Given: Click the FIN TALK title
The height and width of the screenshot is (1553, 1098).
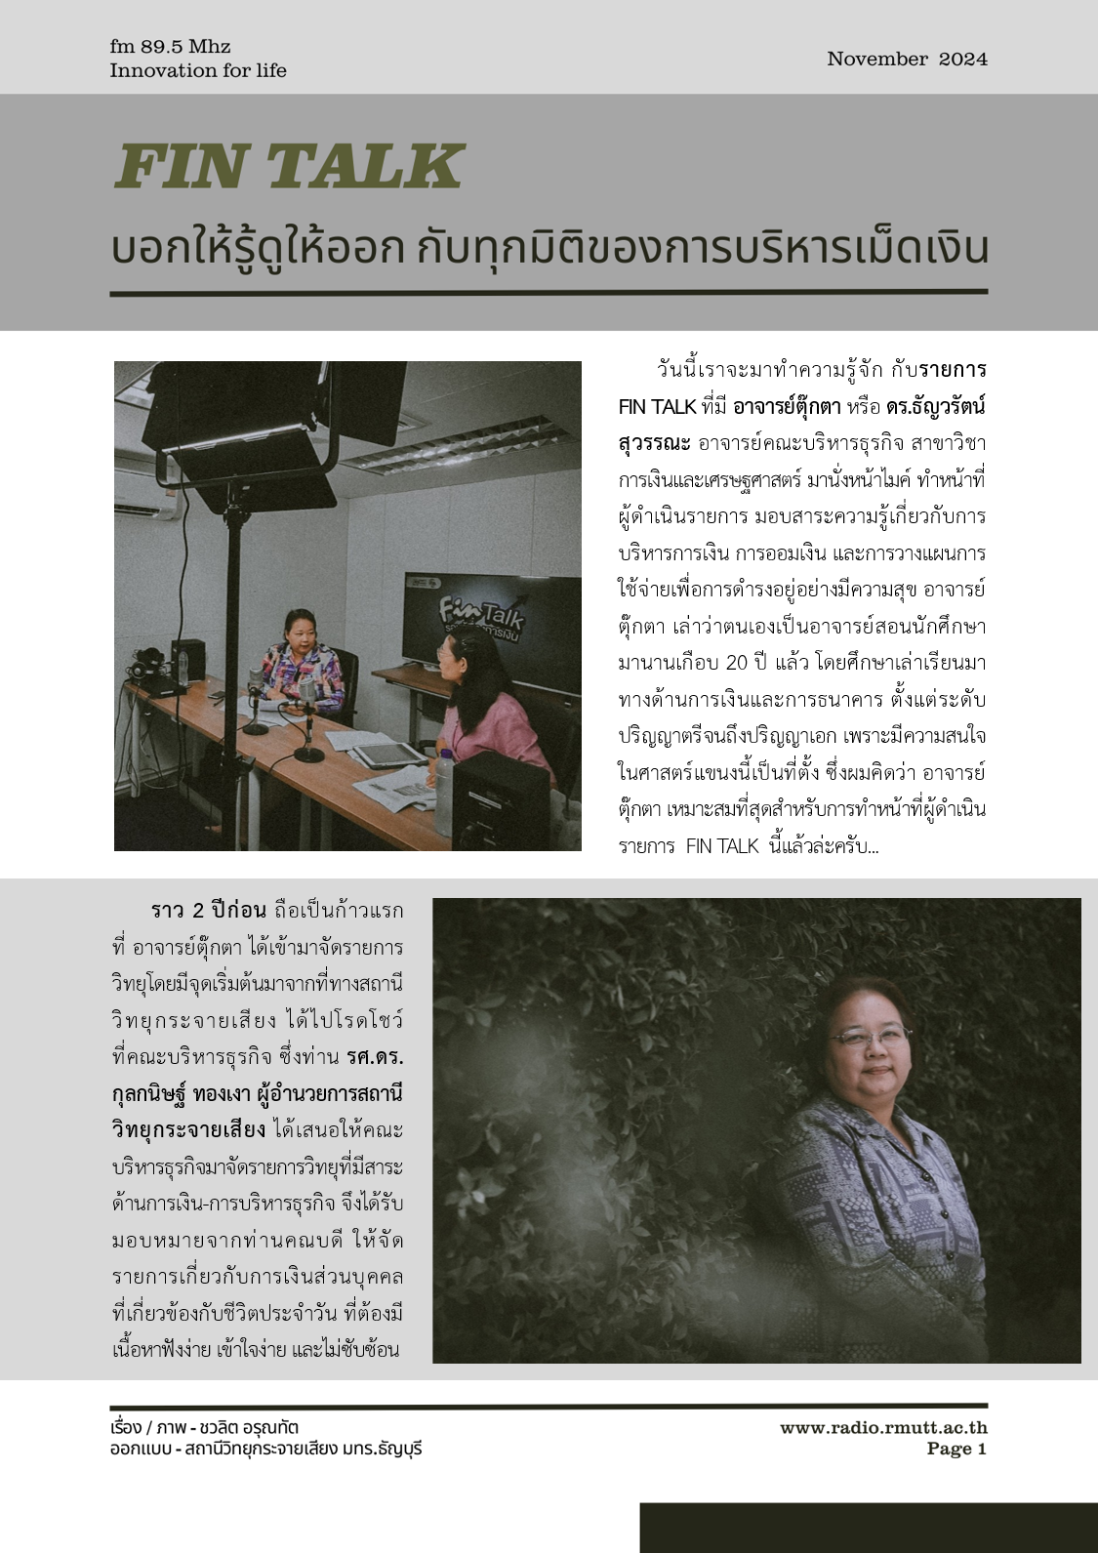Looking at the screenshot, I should tap(289, 166).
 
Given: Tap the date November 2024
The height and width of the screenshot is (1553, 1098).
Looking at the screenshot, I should tap(907, 59).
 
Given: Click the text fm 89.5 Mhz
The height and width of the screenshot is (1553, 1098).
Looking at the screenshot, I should tap(170, 46).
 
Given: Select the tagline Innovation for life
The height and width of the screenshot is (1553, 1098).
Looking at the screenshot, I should tap(198, 70).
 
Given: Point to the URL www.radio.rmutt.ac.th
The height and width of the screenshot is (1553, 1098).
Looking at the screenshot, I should tap(882, 1428).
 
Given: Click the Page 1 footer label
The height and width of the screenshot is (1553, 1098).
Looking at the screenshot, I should tap(956, 1449).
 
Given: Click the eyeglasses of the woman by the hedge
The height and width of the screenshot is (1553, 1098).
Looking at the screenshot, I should tap(872, 1038).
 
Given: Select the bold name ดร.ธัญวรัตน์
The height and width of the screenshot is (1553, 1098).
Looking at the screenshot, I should tap(936, 406).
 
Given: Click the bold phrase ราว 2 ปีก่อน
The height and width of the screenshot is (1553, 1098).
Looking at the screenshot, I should tap(208, 911).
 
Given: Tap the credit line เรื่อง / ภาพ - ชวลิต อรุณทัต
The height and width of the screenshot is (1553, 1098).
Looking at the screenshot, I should tap(204, 1428).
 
